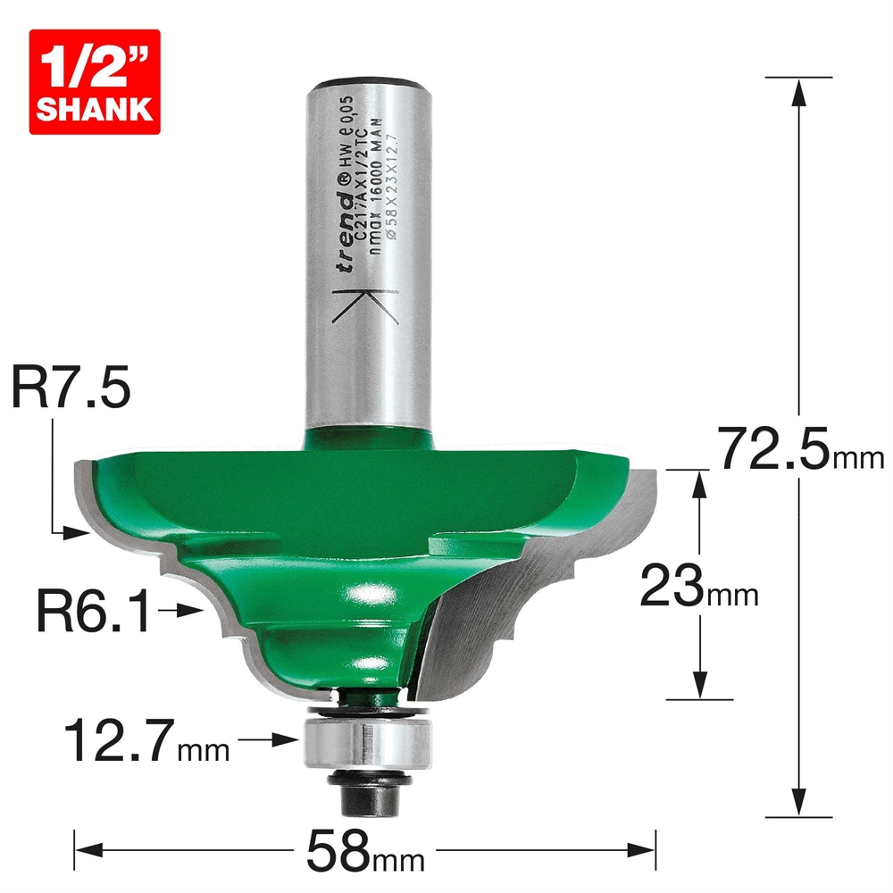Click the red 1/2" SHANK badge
point(94,81)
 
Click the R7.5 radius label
point(71,391)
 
